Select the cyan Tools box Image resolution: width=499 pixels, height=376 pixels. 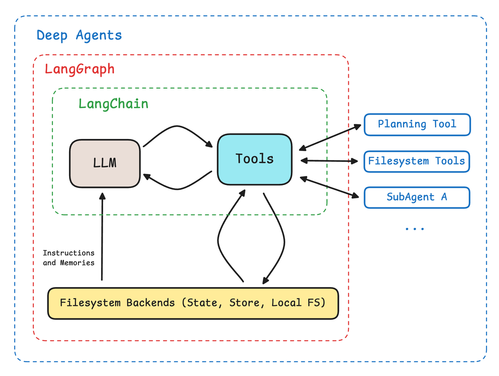[254, 159]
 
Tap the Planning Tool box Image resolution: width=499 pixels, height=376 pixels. [417, 124]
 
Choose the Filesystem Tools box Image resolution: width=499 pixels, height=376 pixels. [417, 161]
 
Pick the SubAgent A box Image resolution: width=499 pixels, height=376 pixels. [417, 197]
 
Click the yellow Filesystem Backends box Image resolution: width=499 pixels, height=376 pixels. [193, 303]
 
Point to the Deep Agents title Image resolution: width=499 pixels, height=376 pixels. [79, 35]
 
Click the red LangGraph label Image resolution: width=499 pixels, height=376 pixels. [79, 69]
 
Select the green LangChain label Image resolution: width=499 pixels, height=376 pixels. [114, 103]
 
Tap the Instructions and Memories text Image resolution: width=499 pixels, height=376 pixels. [69, 257]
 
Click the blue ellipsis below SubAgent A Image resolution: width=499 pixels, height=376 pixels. [415, 229]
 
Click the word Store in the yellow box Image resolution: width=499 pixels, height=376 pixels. [245, 303]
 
